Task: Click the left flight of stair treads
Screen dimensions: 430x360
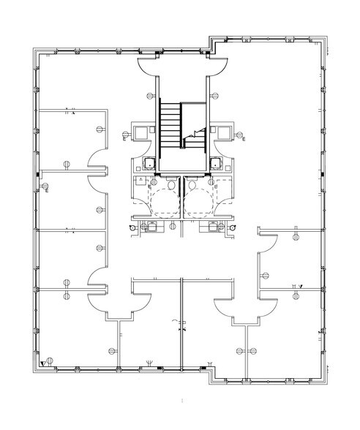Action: pyautogui.click(x=170, y=127)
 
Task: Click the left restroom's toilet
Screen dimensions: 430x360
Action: pyautogui.click(x=170, y=187)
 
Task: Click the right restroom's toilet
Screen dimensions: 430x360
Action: pyautogui.click(x=192, y=187)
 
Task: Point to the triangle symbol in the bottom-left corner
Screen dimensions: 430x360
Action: pyautogui.click(x=43, y=362)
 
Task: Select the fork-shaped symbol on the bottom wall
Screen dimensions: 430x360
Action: pyautogui.click(x=150, y=361)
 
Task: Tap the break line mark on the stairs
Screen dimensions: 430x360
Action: pyautogui.click(x=195, y=132)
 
